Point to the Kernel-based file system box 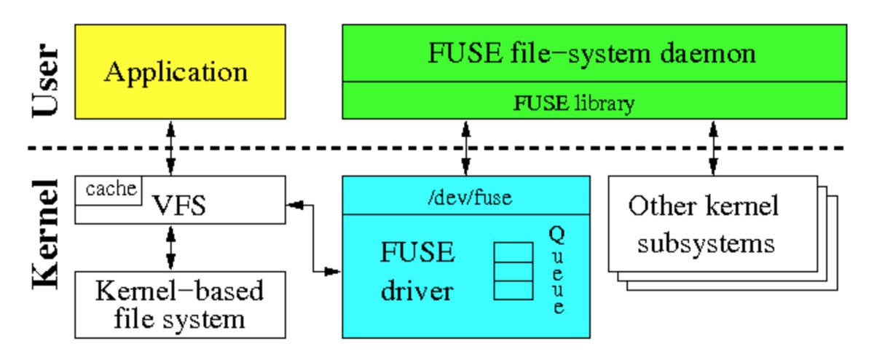coord(179,305)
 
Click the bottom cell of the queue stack coord(513,289)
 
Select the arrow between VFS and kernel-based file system coord(171,247)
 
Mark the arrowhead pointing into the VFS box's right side coord(295,206)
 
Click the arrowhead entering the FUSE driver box coord(334,272)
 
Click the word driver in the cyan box coord(417,291)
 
